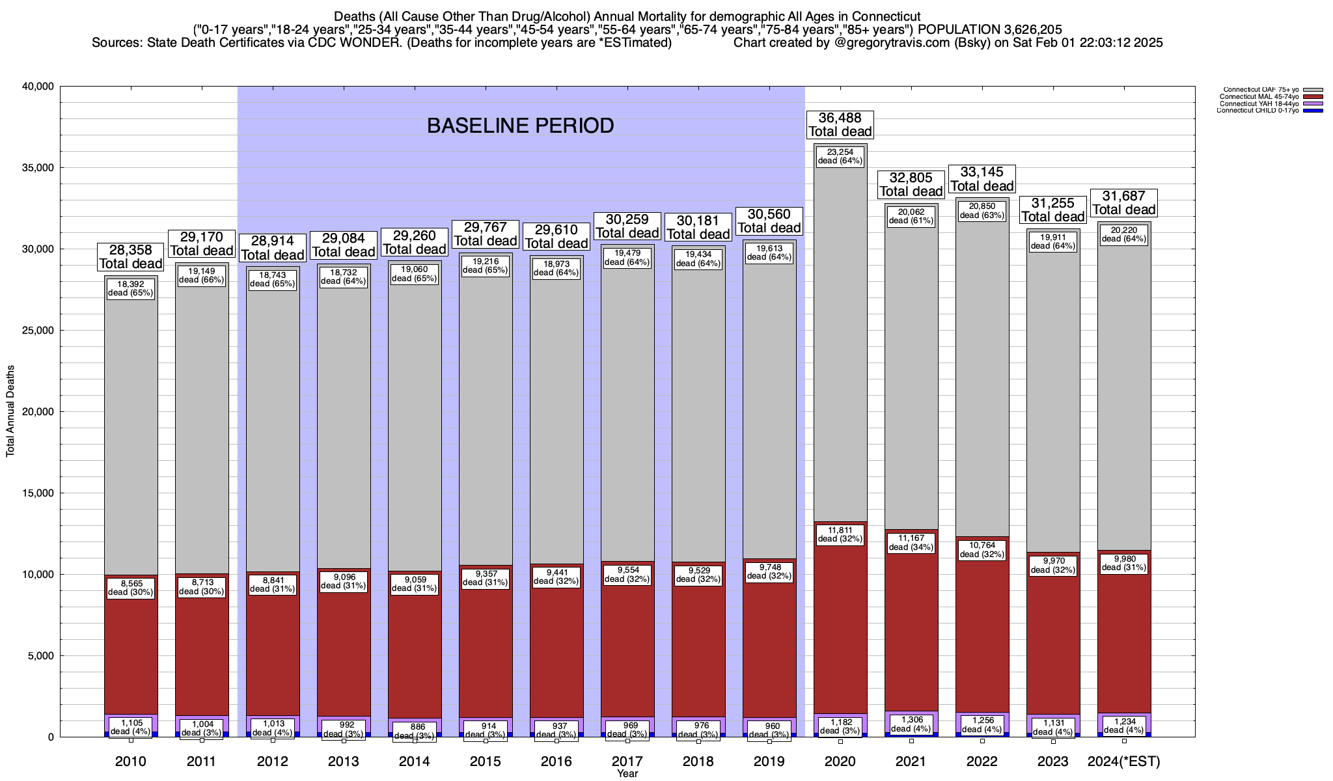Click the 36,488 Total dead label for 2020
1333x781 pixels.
click(840, 124)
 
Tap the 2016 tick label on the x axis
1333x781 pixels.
click(557, 761)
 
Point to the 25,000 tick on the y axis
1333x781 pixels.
click(38, 331)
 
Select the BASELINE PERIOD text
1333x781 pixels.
click(520, 126)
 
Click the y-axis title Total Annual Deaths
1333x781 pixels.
click(10, 411)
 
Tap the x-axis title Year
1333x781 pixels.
click(627, 774)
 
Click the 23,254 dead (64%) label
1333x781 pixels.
click(840, 156)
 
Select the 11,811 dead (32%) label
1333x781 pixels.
click(840, 534)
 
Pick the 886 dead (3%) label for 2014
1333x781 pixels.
click(415, 731)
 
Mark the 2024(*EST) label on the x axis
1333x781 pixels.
click(1124, 761)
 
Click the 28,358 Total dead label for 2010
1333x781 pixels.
click(130, 256)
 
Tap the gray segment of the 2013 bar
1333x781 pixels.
click(344, 423)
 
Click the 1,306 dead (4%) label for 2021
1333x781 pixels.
click(911, 724)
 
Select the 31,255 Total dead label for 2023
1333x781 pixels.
click(1052, 210)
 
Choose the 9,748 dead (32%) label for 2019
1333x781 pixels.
click(769, 571)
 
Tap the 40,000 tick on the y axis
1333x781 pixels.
click(38, 87)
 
